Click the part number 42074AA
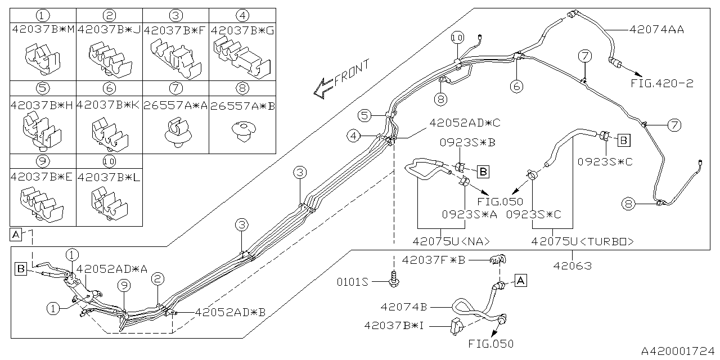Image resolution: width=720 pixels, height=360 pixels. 656,30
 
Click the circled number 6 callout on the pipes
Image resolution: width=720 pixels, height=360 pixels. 517,86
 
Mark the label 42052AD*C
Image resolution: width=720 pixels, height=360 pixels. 457,123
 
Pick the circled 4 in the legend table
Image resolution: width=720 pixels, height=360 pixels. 242,15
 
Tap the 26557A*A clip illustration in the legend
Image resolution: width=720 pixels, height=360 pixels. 175,133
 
